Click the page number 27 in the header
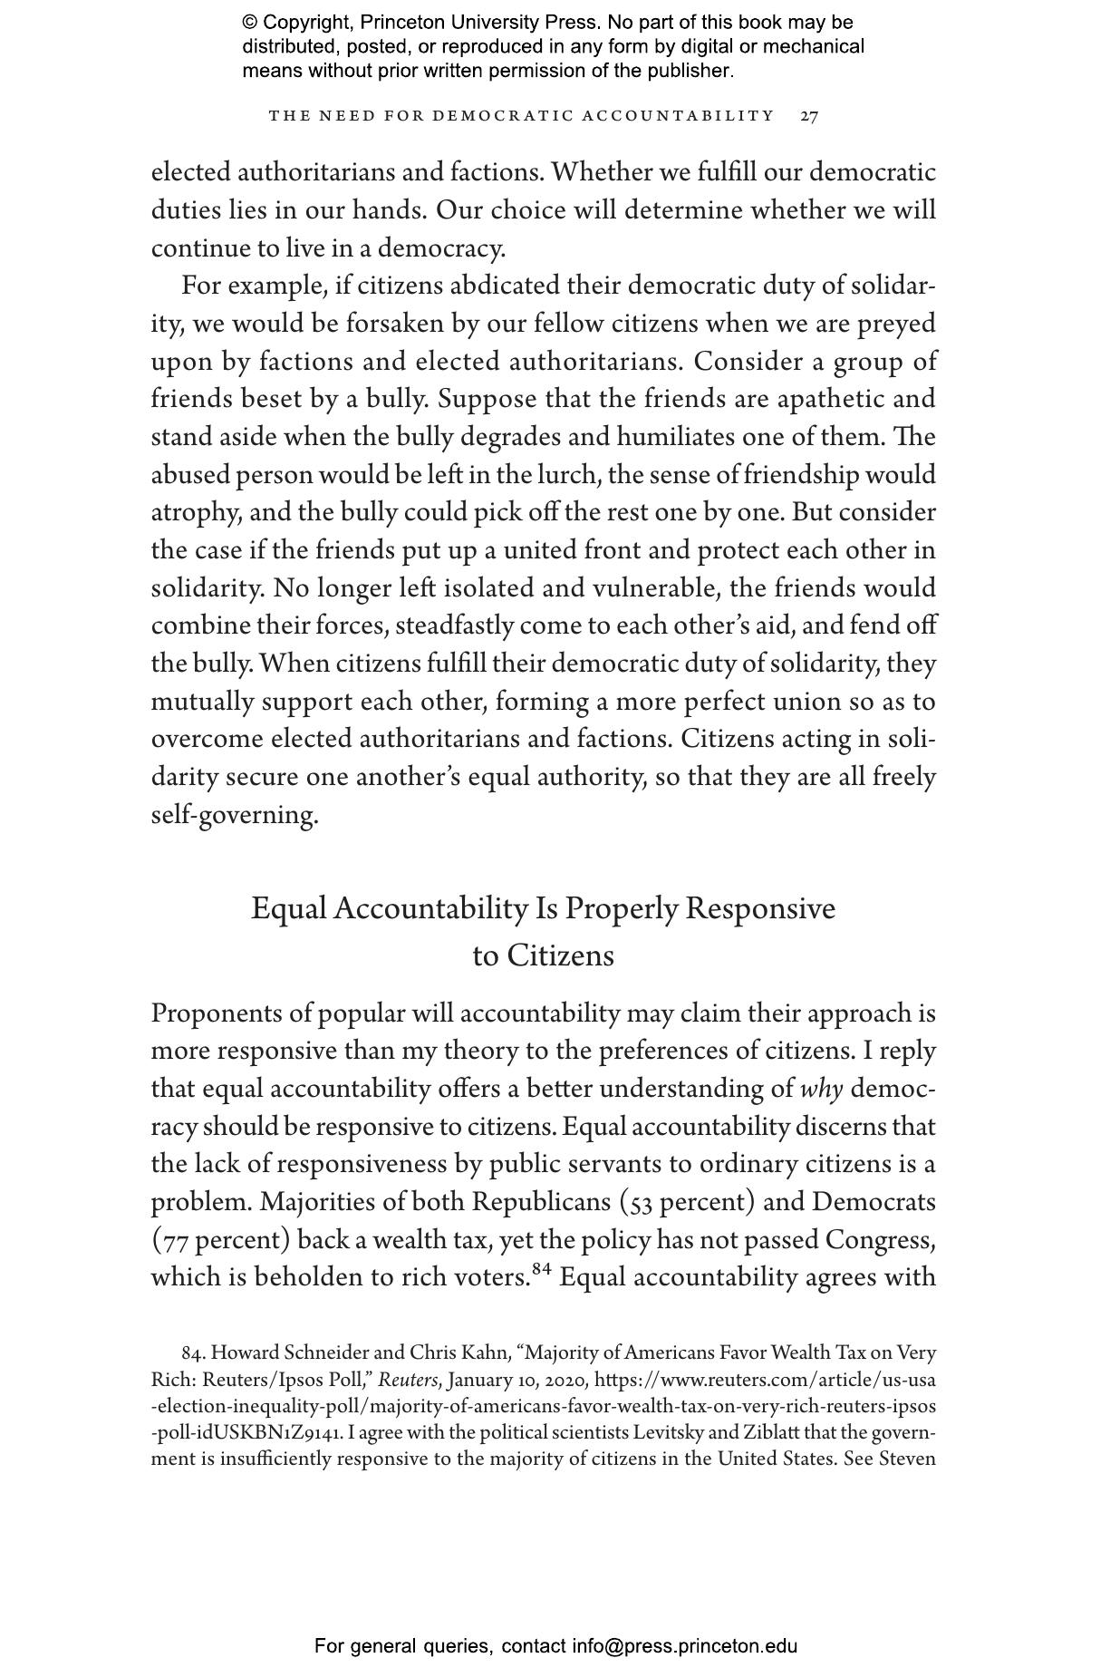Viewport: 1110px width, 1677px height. [x=809, y=116]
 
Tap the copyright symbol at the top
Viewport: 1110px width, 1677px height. [x=249, y=23]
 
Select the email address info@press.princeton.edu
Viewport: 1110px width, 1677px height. [x=684, y=1645]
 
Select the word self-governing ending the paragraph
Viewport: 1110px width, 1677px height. [x=234, y=816]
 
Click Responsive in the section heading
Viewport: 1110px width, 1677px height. [x=759, y=908]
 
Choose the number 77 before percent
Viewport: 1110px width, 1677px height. [x=177, y=1241]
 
